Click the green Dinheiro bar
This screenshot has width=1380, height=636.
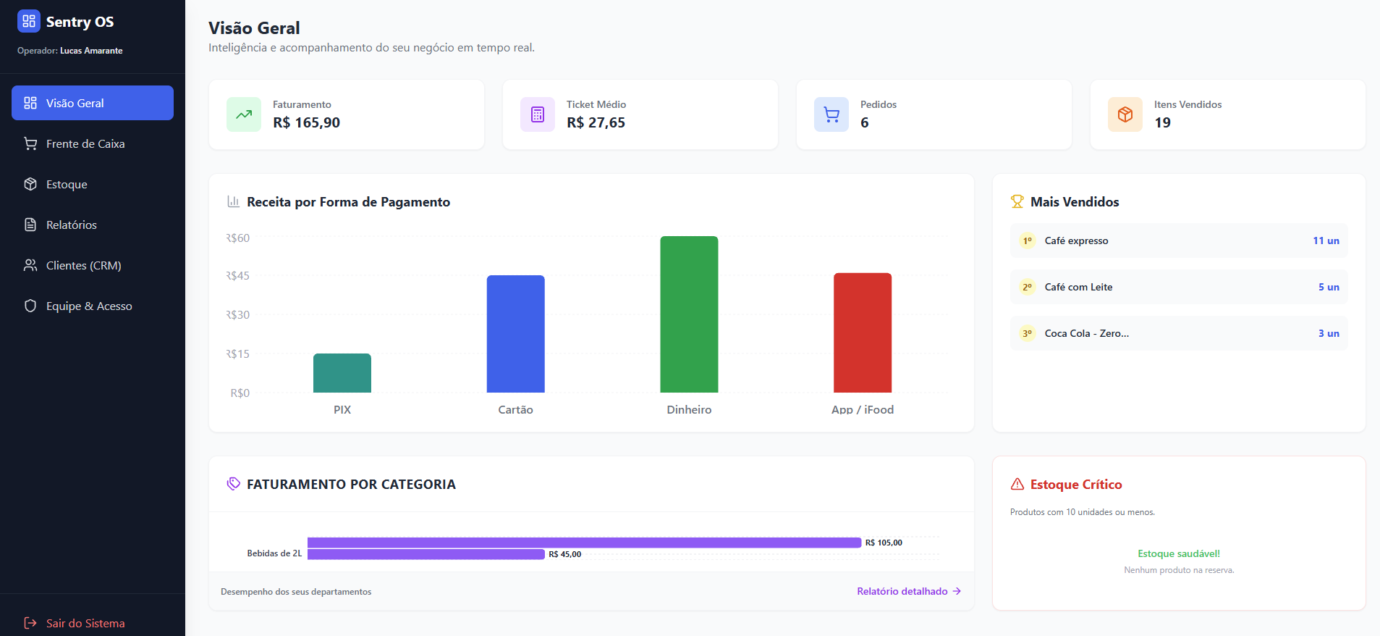pyautogui.click(x=689, y=314)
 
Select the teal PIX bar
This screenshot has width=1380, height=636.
pyautogui.click(x=342, y=373)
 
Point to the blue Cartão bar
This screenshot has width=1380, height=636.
pyautogui.click(x=515, y=334)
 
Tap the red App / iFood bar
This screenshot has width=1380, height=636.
pyautogui.click(x=863, y=332)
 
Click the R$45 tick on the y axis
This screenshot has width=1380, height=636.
pyautogui.click(x=237, y=276)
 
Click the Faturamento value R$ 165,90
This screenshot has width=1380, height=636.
pyautogui.click(x=306, y=122)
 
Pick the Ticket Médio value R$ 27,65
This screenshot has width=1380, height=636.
pyautogui.click(x=596, y=122)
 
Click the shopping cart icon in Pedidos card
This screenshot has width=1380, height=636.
pyautogui.click(x=831, y=114)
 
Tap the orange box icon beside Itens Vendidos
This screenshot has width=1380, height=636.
pyautogui.click(x=1125, y=114)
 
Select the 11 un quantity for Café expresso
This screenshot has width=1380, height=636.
pyautogui.click(x=1326, y=240)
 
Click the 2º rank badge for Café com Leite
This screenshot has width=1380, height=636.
pyautogui.click(x=1028, y=287)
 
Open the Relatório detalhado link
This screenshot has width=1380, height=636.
pyautogui.click(x=909, y=591)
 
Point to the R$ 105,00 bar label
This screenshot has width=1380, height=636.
pyautogui.click(x=884, y=543)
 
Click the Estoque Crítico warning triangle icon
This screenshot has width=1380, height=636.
pyautogui.click(x=1017, y=484)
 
